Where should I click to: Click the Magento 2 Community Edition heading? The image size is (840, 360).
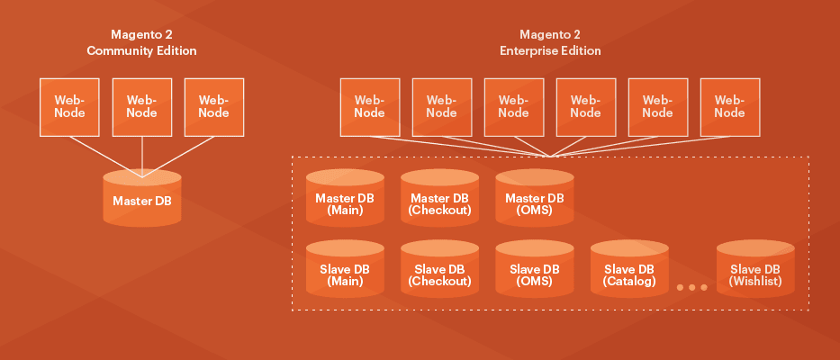141,43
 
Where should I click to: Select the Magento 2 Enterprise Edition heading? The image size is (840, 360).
550,43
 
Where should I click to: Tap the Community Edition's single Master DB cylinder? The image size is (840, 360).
141,200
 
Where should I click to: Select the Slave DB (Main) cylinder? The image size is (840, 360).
345,271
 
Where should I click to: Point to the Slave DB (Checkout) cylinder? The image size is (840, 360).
439,271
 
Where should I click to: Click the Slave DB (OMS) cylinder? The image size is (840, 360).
534,271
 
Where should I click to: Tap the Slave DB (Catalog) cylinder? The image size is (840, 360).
629,271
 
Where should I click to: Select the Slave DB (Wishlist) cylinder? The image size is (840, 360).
754,271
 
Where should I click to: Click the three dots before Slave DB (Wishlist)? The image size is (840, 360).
691,287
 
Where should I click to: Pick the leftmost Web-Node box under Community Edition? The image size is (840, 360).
69,106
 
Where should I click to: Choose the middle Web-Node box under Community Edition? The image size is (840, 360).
141,106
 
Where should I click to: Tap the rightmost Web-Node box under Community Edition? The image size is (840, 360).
213,106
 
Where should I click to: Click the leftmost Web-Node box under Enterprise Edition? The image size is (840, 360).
369,106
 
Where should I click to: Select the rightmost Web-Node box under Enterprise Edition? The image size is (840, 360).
729,106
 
